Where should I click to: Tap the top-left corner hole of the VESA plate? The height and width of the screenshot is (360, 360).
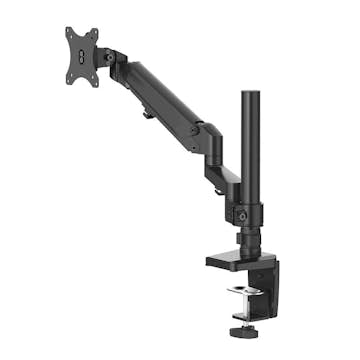[71, 34]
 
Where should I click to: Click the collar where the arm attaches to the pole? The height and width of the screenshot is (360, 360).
[247, 213]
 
